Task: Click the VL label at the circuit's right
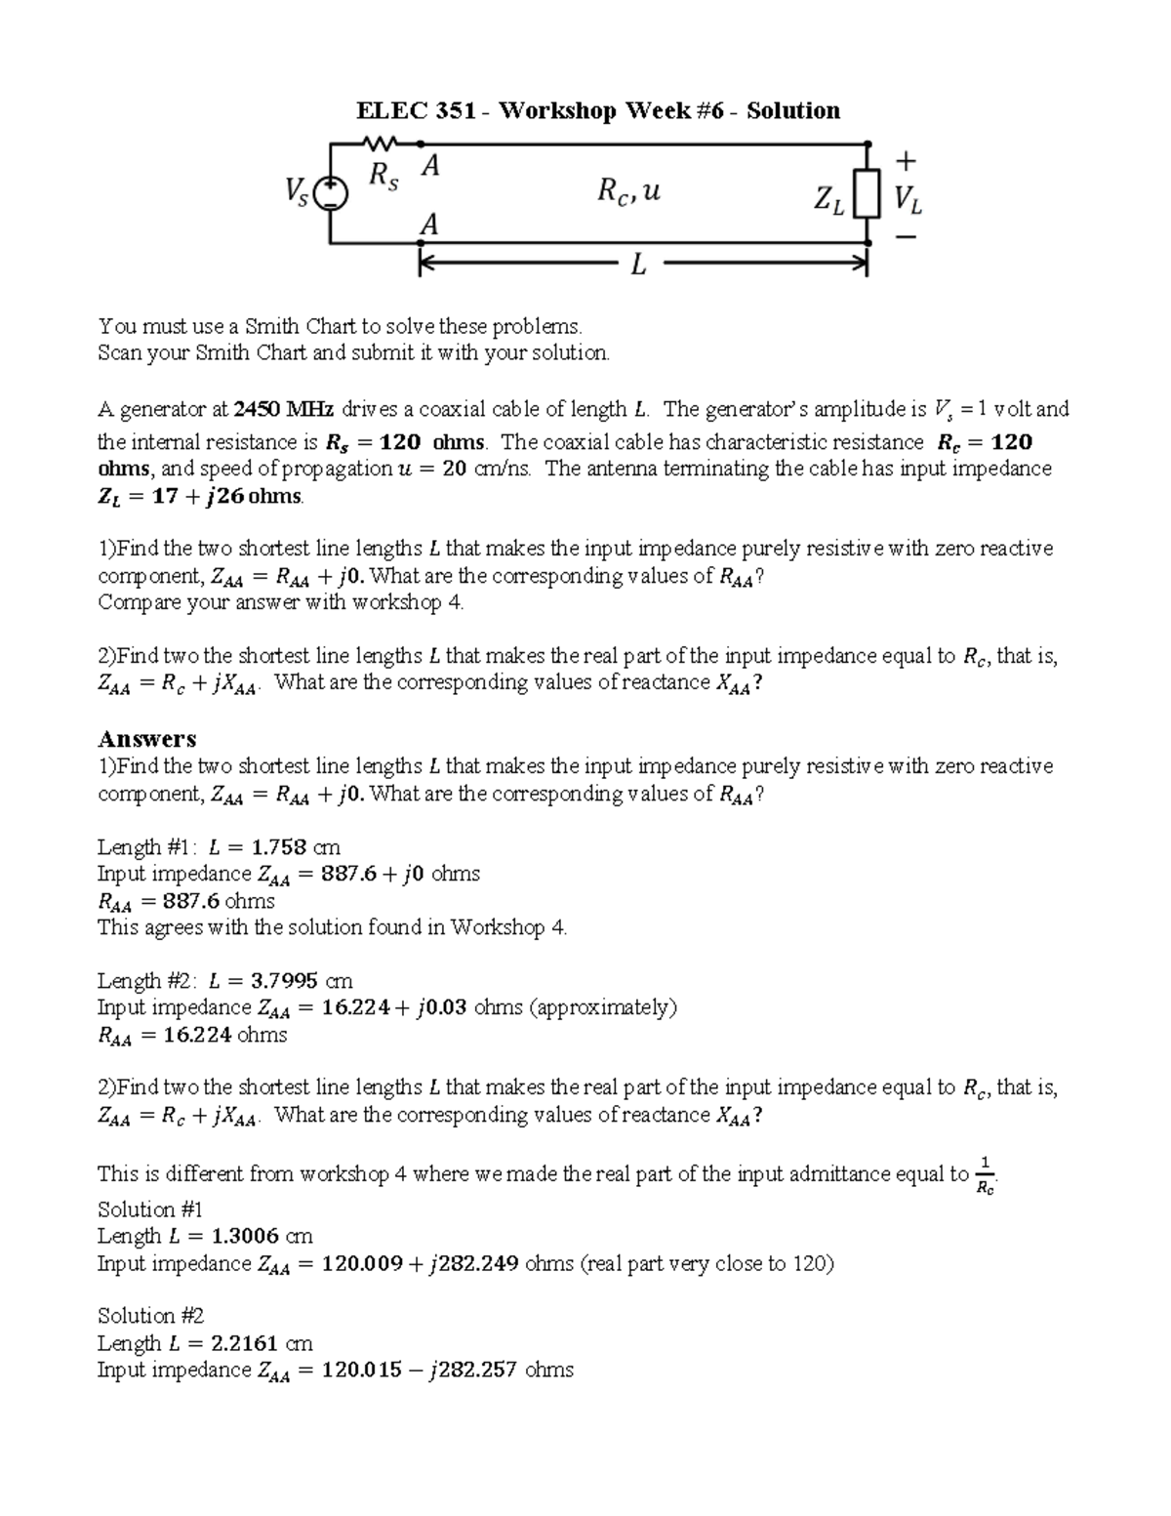907,200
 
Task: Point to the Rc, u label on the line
628,191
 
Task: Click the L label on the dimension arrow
638,264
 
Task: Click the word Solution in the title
793,110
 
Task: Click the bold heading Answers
146,739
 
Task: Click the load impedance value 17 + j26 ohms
201,496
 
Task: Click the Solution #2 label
150,1316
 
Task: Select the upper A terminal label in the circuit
428,167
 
